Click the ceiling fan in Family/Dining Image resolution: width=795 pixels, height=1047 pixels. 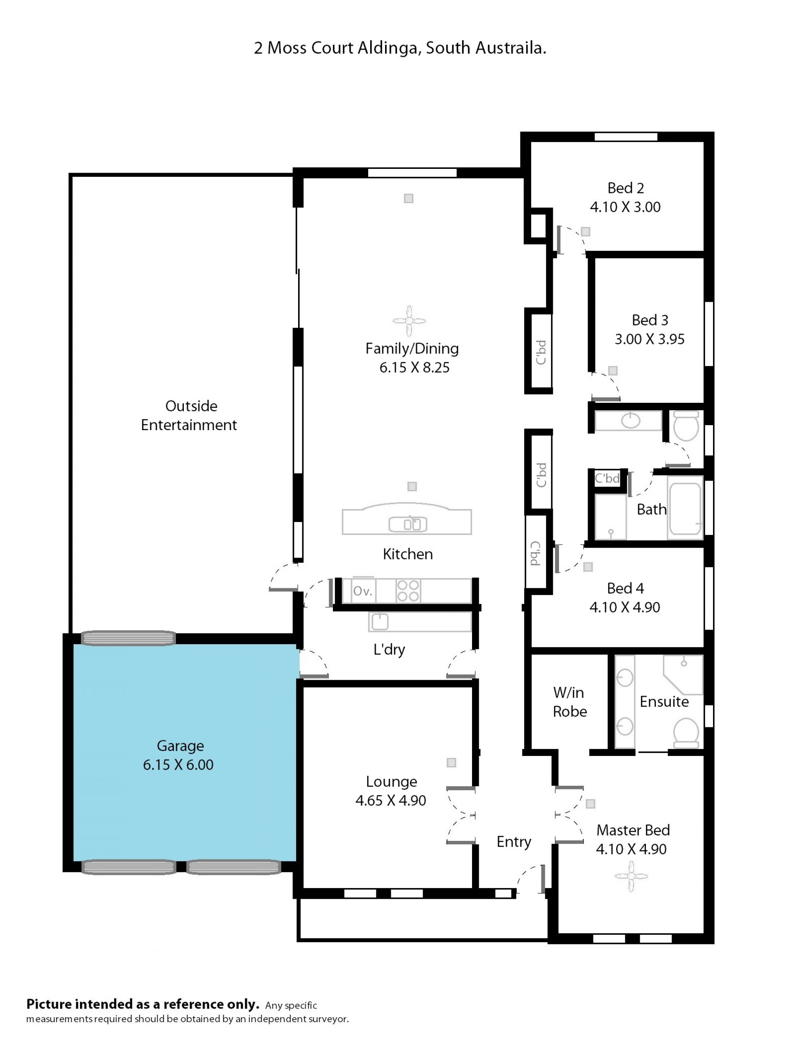click(x=409, y=321)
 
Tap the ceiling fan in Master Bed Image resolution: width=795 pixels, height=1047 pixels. click(x=631, y=876)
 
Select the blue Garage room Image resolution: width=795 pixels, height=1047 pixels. click(x=185, y=753)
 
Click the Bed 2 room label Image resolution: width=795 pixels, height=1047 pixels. click(x=626, y=188)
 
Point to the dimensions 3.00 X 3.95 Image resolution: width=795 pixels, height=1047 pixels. click(x=650, y=339)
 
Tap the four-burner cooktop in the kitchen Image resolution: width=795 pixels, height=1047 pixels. click(x=408, y=591)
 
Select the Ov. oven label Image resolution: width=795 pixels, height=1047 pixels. click(x=363, y=591)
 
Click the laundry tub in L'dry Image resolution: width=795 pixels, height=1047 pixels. click(x=380, y=622)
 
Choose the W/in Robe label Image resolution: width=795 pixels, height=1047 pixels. click(x=570, y=702)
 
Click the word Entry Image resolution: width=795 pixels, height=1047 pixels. click(x=514, y=842)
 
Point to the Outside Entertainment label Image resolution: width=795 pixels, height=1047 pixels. click(x=189, y=416)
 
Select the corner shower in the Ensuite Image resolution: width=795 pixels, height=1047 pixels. click(x=683, y=675)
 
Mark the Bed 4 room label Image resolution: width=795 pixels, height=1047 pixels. click(x=626, y=588)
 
